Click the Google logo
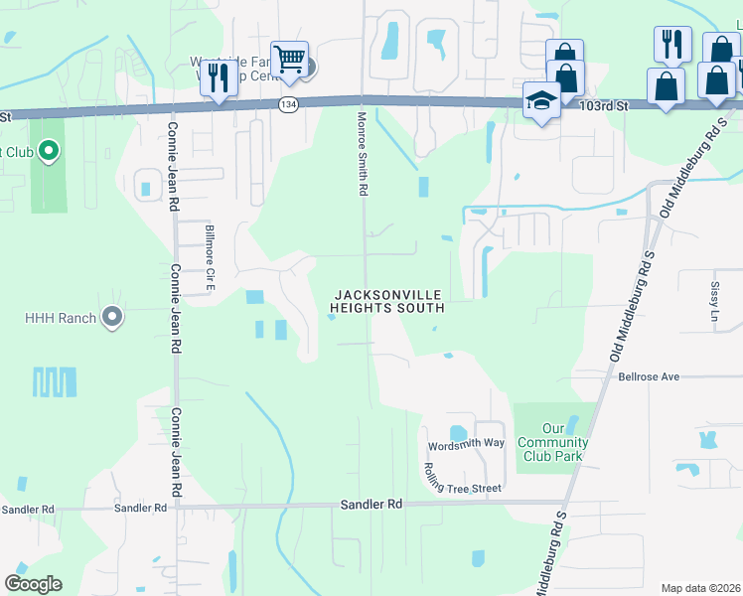33,584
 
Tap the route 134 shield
288,104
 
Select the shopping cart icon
289,60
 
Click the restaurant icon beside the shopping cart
219,77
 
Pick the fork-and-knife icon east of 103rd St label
672,45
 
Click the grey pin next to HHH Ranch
111,318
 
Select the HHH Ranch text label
61,318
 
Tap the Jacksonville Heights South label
386,302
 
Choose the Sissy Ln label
713,296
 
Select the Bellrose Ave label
648,377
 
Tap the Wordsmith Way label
466,443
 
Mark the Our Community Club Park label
552,442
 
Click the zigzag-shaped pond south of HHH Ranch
55,380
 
